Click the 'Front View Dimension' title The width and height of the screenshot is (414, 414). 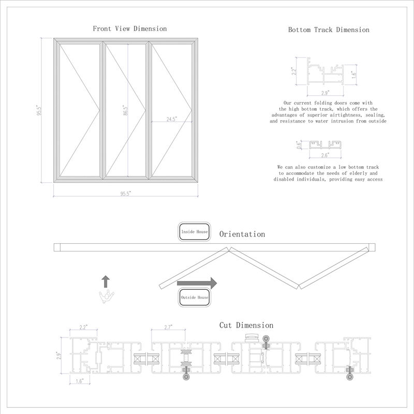click(129, 28)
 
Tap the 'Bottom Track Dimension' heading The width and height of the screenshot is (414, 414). click(329, 30)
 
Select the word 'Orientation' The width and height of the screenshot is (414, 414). click(242, 234)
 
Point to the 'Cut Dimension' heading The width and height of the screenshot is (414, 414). click(246, 326)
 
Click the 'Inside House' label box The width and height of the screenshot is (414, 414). click(195, 232)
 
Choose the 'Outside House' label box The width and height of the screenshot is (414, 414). click(195, 298)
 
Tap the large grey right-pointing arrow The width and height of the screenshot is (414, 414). click(197, 283)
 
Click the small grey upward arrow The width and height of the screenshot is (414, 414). click(106, 281)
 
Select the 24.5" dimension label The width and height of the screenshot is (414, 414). click(172, 119)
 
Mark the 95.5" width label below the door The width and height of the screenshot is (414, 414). click(126, 194)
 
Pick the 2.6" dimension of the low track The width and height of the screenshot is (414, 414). click(324, 155)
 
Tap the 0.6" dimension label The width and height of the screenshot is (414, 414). click(298, 145)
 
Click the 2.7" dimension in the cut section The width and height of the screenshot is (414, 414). click(168, 327)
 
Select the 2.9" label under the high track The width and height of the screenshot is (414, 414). click(326, 93)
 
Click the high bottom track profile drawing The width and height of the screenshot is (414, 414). click(327, 73)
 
